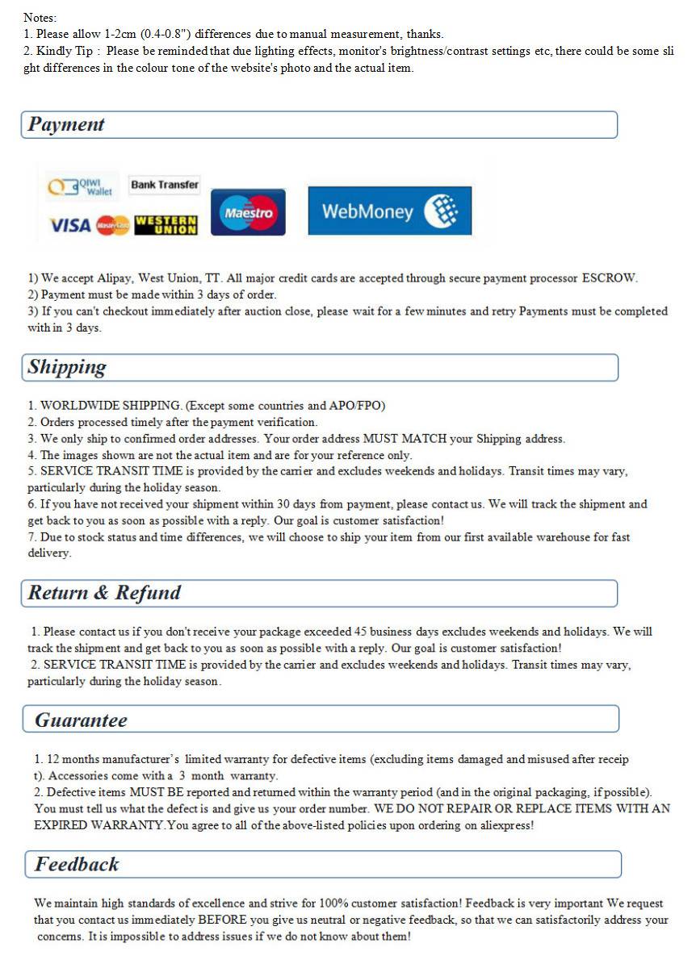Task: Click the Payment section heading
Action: pos(66,124)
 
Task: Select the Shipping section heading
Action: pos(67,367)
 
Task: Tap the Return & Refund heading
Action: pos(104,593)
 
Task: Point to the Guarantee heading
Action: pos(81,720)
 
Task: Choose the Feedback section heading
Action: pos(77,864)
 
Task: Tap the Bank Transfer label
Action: pos(165,185)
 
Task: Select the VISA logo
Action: pos(70,225)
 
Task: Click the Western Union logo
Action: pos(166,225)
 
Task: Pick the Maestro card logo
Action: pos(248,213)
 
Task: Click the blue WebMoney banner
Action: pos(389,211)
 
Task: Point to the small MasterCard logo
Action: pos(112,225)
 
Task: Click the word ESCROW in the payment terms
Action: pos(609,278)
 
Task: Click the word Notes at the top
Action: pos(40,17)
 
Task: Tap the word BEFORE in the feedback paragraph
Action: pos(221,920)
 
